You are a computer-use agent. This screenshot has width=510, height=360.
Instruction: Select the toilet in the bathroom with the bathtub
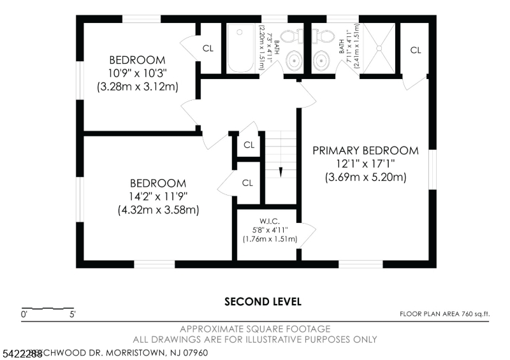pos(291,36)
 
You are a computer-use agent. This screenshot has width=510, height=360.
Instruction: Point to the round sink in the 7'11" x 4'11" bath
pos(321,62)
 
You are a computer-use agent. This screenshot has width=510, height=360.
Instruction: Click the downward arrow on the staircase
pos(280,171)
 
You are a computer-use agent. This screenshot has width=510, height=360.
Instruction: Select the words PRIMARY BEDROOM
pos(365,150)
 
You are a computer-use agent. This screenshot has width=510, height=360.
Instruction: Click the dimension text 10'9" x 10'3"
pos(137,73)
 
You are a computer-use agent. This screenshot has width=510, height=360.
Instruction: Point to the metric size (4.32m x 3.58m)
pos(158,209)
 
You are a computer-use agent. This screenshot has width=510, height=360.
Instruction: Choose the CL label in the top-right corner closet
pos(416,50)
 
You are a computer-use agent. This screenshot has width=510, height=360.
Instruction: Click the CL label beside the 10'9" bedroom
pos(208,48)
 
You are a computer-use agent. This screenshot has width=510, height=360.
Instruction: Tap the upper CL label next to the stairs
pos(249,145)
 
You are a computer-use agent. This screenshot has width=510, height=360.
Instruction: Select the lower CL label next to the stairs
pos(248,182)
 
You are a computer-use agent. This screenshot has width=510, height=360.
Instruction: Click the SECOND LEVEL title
pos(263,301)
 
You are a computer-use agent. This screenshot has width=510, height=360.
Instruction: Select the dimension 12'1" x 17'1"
pos(365,164)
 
